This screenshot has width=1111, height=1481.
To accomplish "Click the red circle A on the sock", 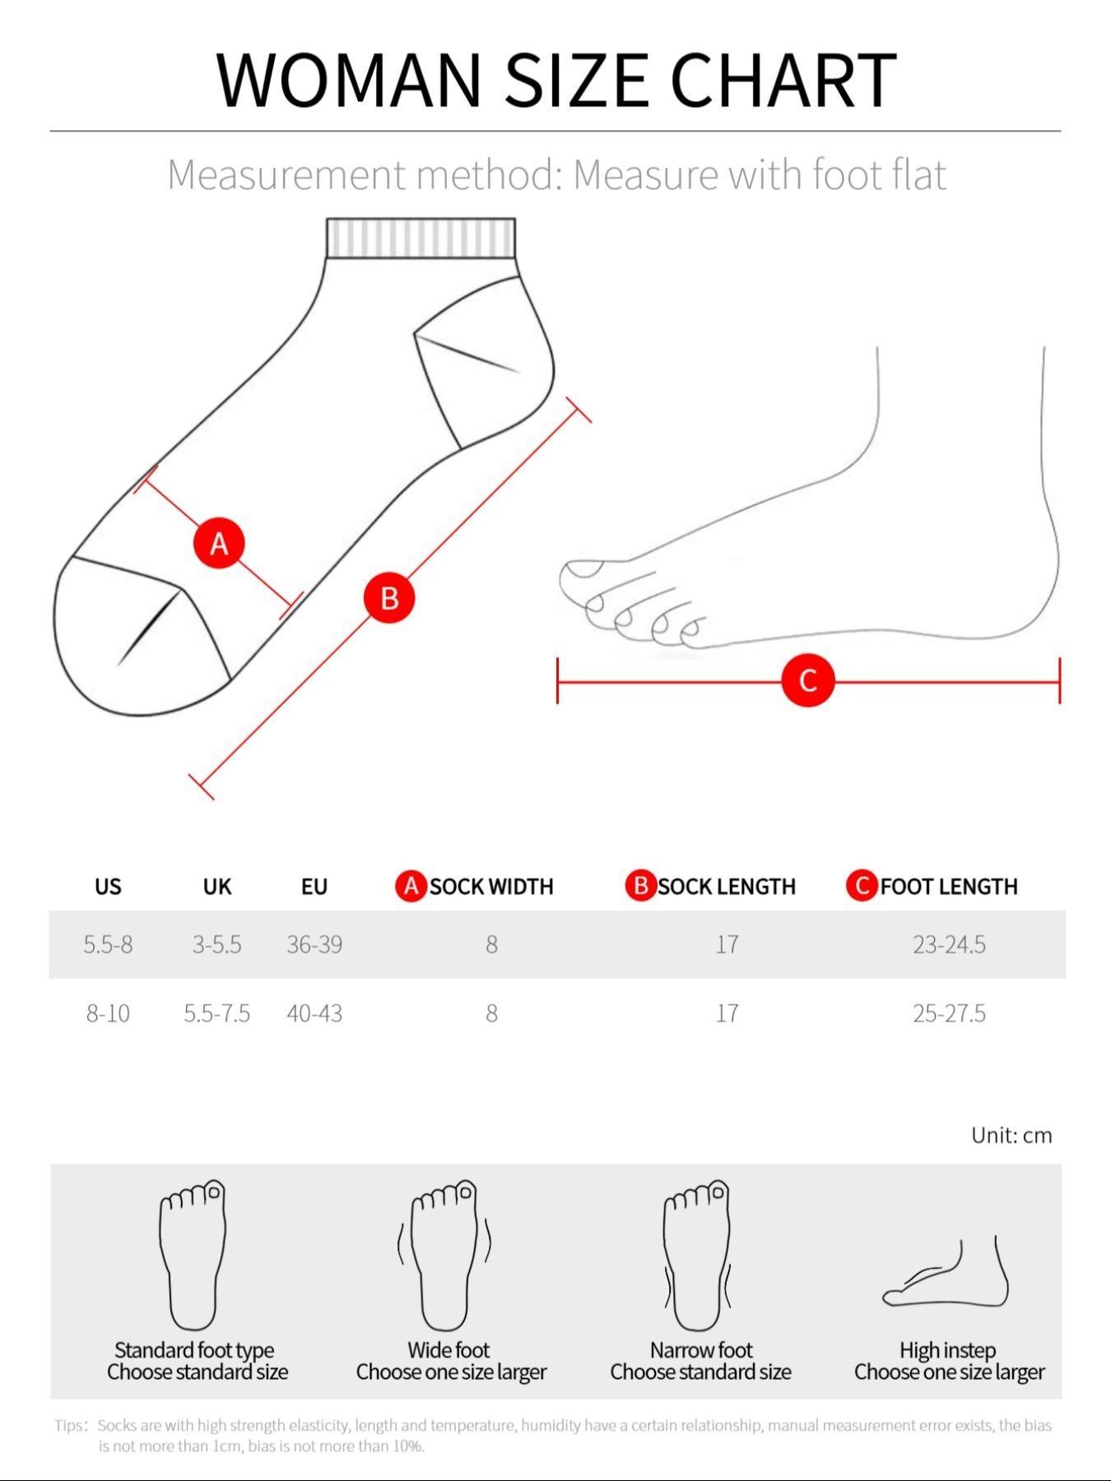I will pos(219,543).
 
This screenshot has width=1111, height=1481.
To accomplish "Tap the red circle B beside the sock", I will pos(389,597).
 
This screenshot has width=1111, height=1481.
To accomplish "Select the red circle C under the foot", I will pos(807,680).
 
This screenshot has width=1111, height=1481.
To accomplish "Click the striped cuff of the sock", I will pos(421,238).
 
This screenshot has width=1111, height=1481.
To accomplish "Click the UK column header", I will pos(217,886).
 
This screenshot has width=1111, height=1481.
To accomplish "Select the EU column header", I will pos(314,886).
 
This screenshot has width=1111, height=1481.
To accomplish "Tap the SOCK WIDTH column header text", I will pos(491,886).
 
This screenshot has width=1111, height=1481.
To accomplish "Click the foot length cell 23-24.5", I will pos(949,945).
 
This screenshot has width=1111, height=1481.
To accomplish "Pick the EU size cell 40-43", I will pos(314,1013).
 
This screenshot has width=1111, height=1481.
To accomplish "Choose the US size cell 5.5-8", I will pos(108,945).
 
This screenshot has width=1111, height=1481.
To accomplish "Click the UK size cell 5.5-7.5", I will pos(217,1013).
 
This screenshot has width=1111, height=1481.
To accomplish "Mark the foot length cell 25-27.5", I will pos(949,1013).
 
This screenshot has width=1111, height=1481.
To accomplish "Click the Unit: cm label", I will pos(1011,1135).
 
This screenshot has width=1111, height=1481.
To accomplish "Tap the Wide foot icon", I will pos(445,1255).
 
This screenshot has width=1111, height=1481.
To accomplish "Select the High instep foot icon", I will pos(946,1275).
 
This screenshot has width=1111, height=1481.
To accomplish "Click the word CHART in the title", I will pos(783,80).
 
